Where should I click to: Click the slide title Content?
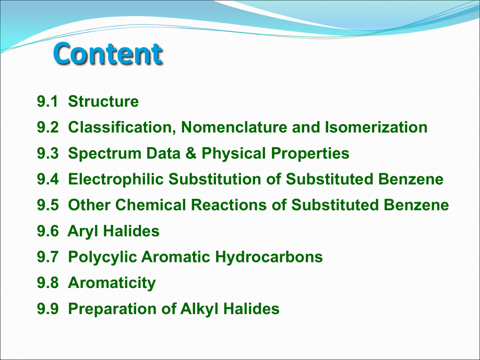[108, 54]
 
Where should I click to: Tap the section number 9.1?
[47, 101]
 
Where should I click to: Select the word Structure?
[103, 101]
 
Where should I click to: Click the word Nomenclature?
[234, 127]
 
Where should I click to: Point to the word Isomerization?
[376, 127]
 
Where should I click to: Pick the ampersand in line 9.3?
[191, 153]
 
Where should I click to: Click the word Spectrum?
[105, 154]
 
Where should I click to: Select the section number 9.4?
[48, 179]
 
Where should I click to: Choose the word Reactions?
[229, 205]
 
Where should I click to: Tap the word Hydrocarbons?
[269, 257]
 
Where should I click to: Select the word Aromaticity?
[112, 283]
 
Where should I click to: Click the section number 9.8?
[48, 283]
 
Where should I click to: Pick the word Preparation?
[112, 309]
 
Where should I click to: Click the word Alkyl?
[199, 309]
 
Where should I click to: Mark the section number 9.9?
[48, 308]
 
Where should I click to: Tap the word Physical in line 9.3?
[234, 154]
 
